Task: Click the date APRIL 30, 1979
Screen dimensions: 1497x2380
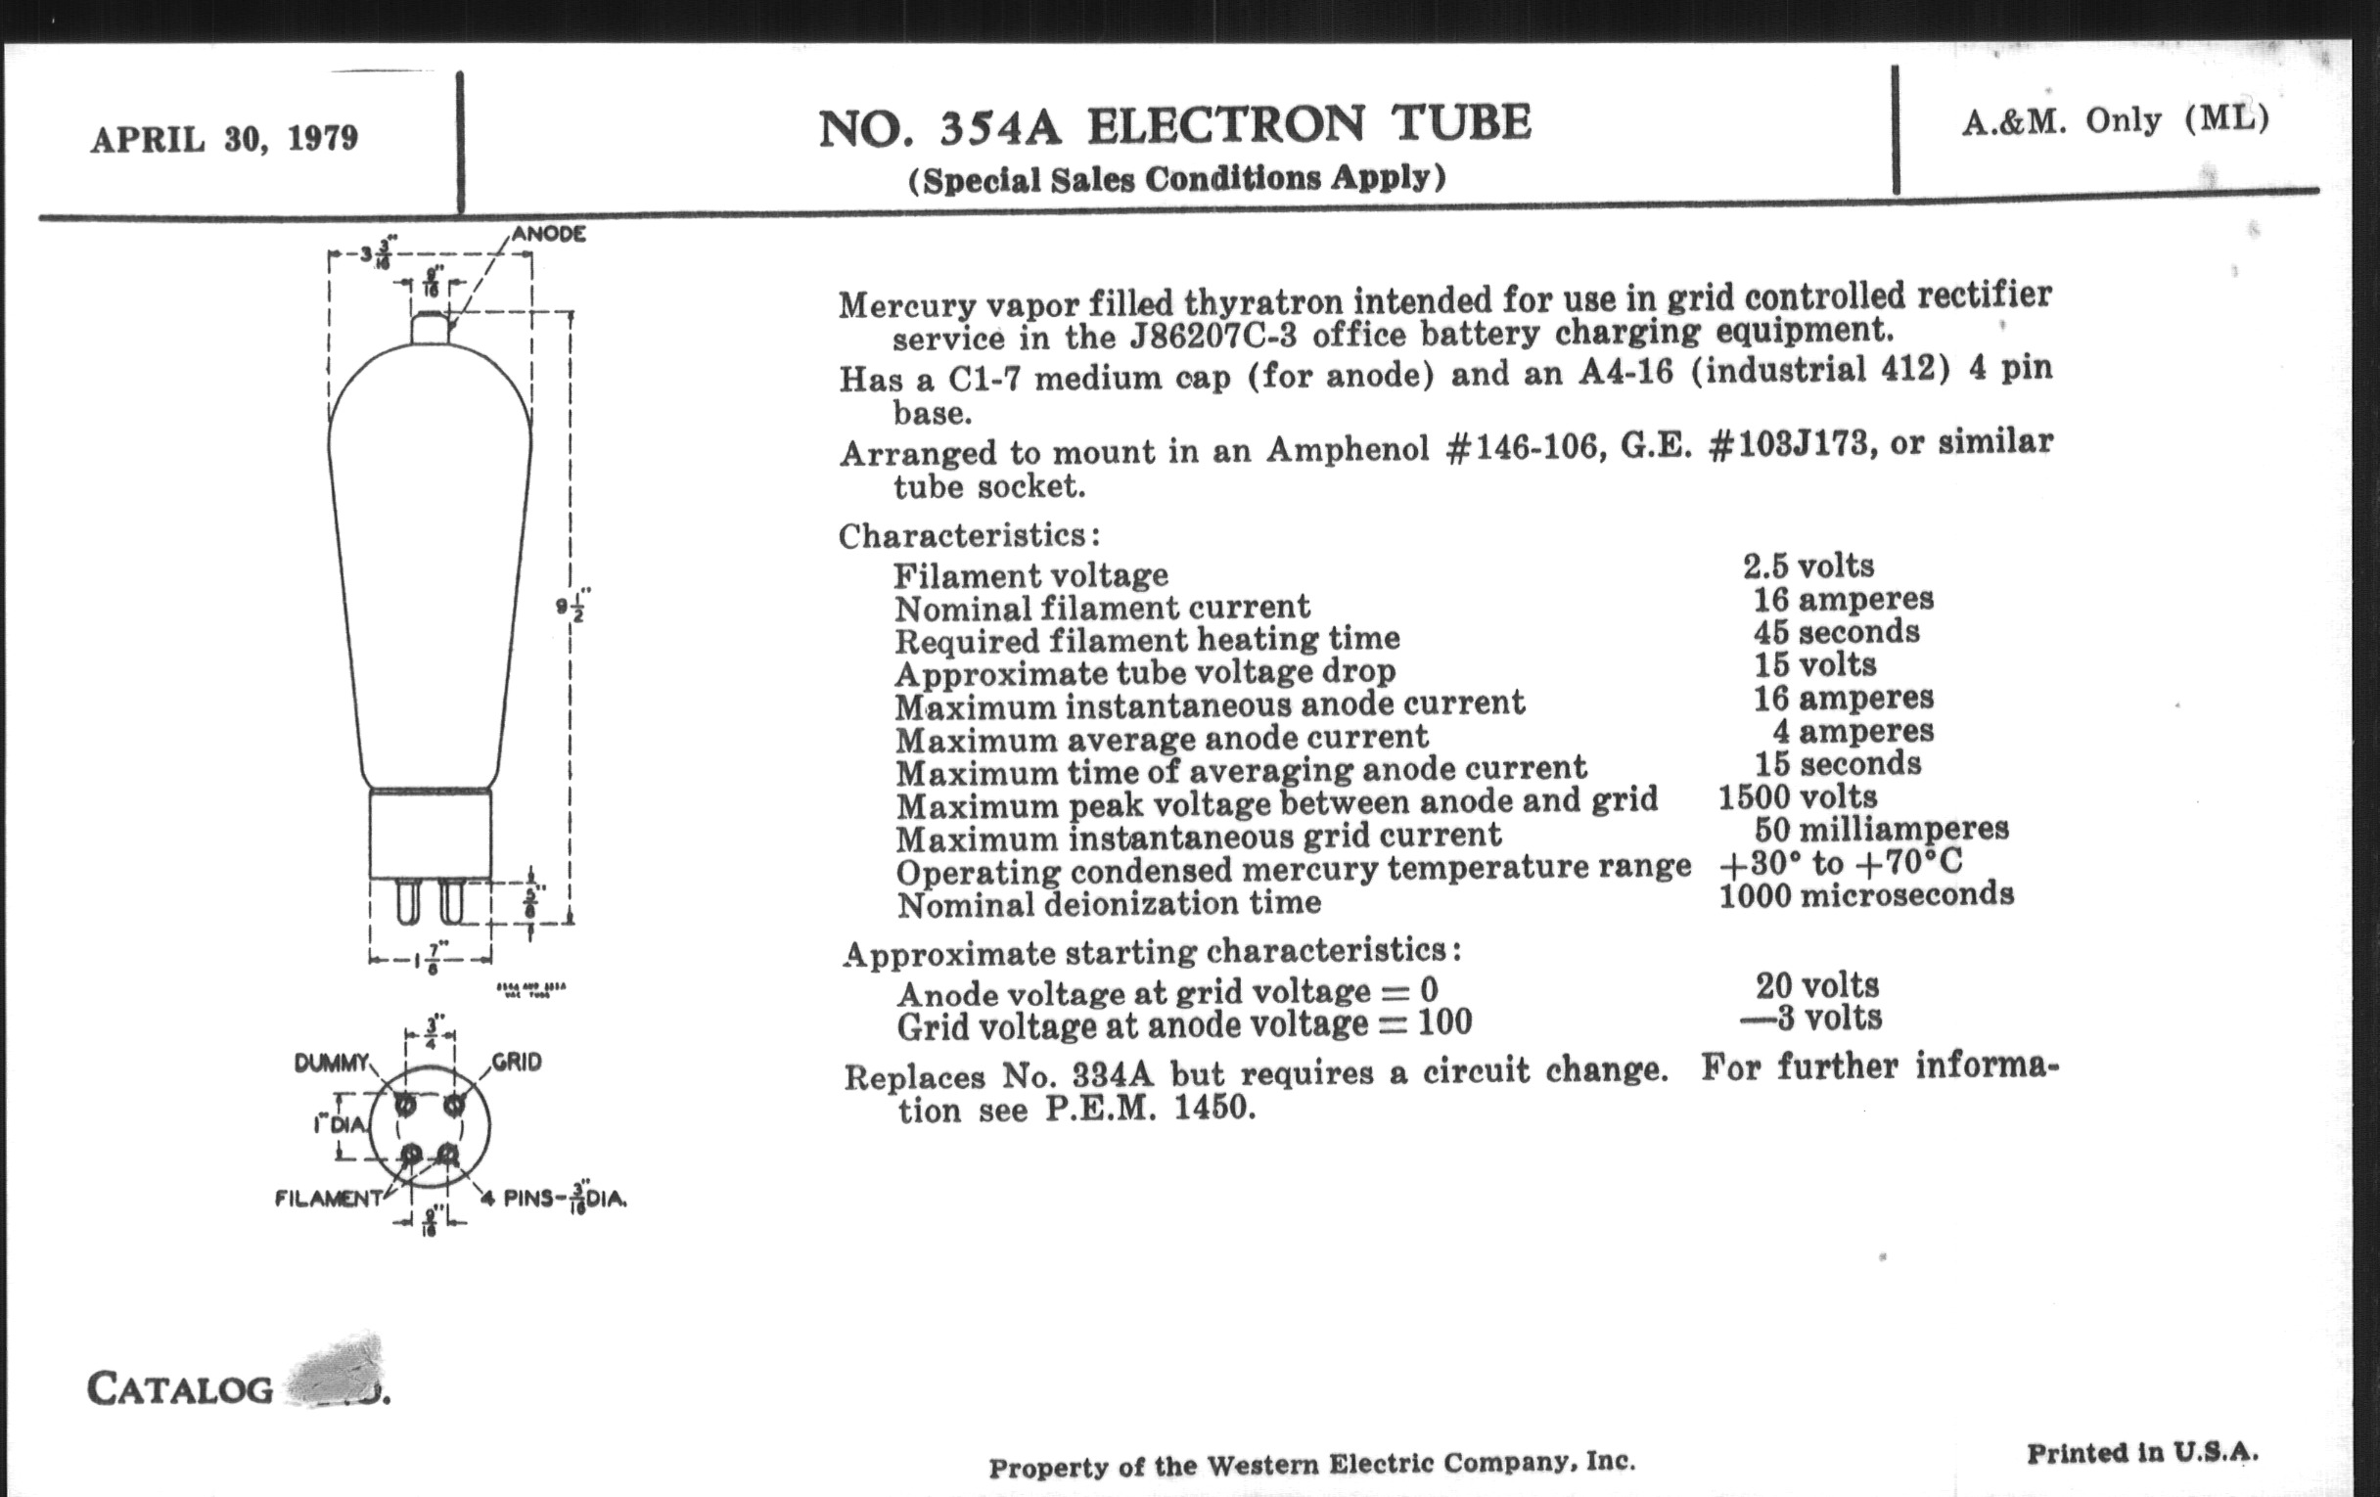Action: [223, 138]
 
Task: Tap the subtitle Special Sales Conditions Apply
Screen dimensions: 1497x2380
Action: [1176, 179]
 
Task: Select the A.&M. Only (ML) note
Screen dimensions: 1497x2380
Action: [2115, 120]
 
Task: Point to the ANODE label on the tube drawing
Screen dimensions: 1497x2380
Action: [549, 234]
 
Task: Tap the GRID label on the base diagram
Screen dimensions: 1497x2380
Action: [517, 1063]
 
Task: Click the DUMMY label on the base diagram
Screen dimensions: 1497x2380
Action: [331, 1064]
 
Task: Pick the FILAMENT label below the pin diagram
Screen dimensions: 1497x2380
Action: [328, 1199]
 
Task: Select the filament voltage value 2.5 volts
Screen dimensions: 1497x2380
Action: [1808, 566]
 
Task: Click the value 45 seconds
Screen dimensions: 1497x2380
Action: [1837, 631]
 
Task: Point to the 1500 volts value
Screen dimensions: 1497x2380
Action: [1797, 796]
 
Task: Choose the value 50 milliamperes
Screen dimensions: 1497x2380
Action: [1881, 828]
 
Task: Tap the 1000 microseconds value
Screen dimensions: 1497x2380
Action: [1866, 895]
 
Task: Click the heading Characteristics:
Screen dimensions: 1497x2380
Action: [969, 535]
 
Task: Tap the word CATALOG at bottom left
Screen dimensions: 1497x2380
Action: [180, 1389]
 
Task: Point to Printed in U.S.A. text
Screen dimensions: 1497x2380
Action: [2142, 1453]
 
